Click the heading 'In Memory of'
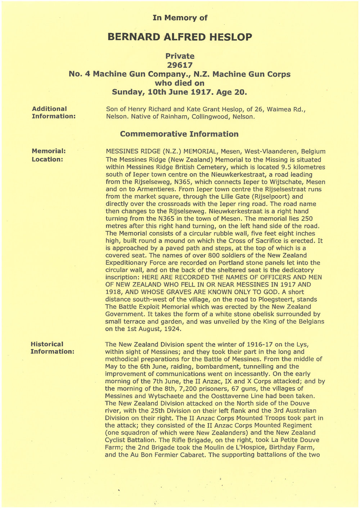coord(180,18)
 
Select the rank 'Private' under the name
coord(180,56)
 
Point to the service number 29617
coord(180,65)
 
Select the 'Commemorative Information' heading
coord(179,134)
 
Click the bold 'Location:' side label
coord(47,159)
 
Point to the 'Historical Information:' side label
coord(52,348)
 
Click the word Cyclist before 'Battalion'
coord(119,440)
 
